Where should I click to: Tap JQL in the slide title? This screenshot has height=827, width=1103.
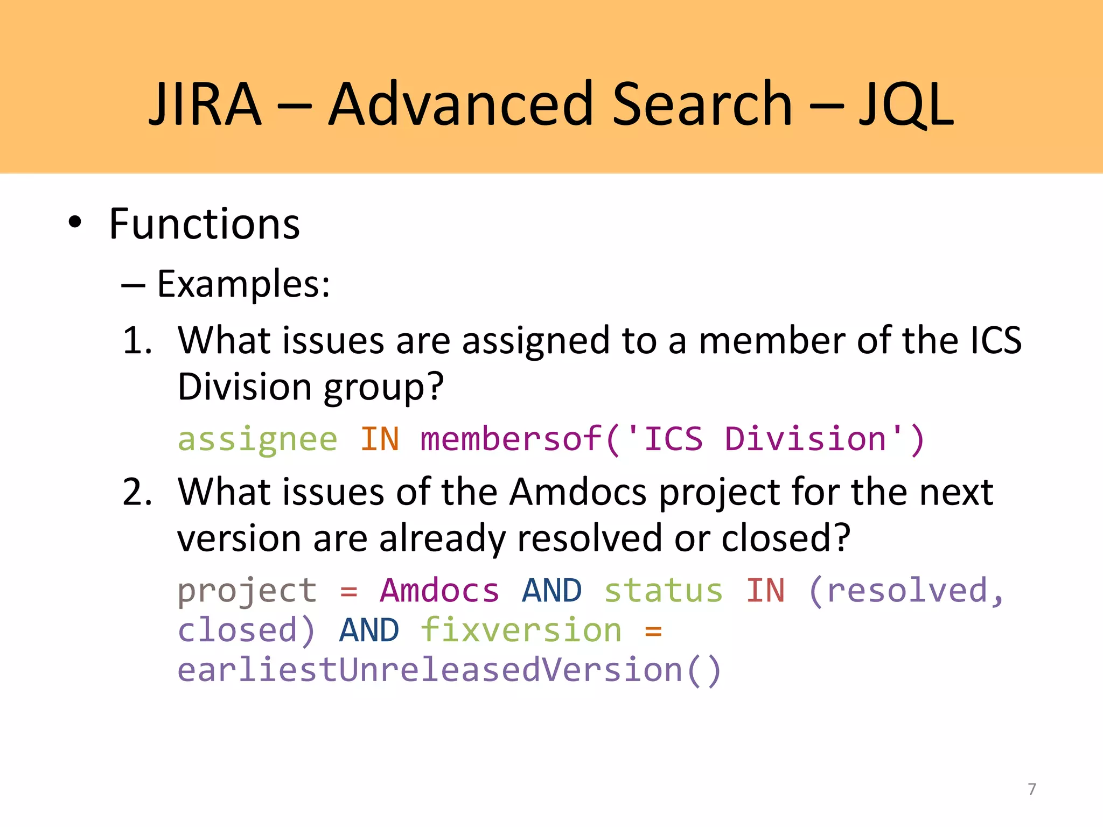click(906, 105)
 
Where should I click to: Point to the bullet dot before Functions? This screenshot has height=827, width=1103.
click(75, 222)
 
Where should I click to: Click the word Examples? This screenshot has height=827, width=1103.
click(243, 284)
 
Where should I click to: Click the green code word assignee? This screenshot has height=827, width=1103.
click(257, 439)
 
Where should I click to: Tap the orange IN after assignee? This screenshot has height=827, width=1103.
click(380, 439)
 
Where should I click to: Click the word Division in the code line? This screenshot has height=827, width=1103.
click(805, 439)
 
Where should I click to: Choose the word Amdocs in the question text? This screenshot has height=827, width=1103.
click(578, 492)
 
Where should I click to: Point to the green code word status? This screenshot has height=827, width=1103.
click(663, 591)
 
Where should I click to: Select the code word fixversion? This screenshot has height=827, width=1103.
click(521, 630)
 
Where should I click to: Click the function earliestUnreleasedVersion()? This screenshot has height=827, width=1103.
click(449, 670)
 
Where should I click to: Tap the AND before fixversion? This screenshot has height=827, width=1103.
click(369, 630)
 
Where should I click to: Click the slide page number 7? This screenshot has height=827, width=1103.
click(1032, 789)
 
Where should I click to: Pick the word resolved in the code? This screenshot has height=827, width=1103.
click(907, 591)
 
